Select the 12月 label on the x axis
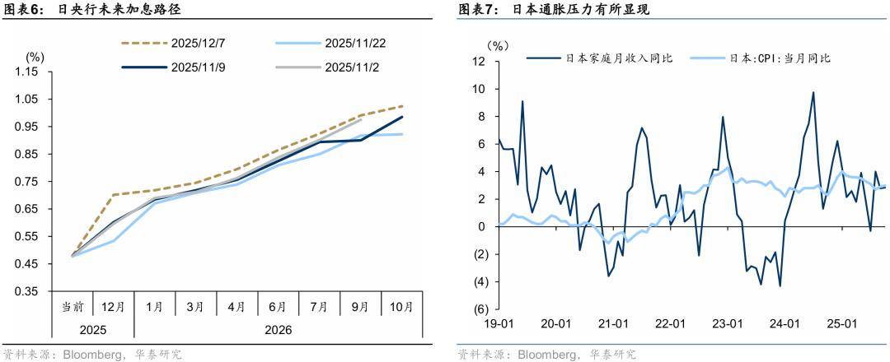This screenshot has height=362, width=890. [x=113, y=306]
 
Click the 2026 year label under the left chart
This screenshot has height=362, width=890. [x=279, y=330]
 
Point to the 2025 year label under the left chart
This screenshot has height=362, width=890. [x=92, y=330]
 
